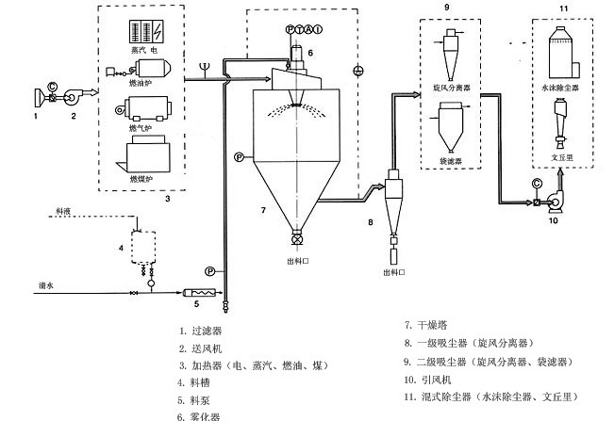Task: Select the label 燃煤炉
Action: [x=139, y=178]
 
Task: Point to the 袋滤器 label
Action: [x=451, y=161]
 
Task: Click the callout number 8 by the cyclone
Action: [x=370, y=222]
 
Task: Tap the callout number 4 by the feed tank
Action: [x=121, y=249]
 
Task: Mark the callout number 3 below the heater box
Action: [x=167, y=199]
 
